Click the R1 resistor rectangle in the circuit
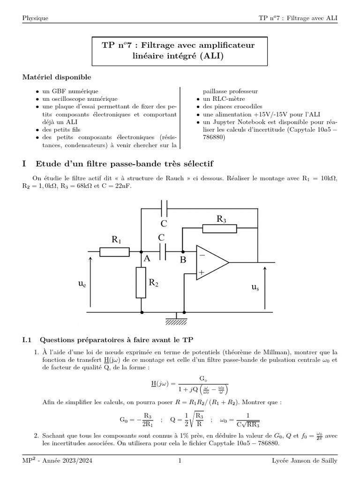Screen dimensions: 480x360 pos(115,252)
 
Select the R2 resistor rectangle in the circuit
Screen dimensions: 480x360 pos(141,282)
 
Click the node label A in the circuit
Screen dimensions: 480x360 pos(147,259)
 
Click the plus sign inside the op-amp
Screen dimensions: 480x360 pos(202,271)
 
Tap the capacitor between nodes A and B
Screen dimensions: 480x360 pos(163,252)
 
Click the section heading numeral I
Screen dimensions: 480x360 pos(24,164)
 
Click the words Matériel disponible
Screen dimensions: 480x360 pos(57,76)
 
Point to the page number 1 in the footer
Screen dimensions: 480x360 pos(180,461)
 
